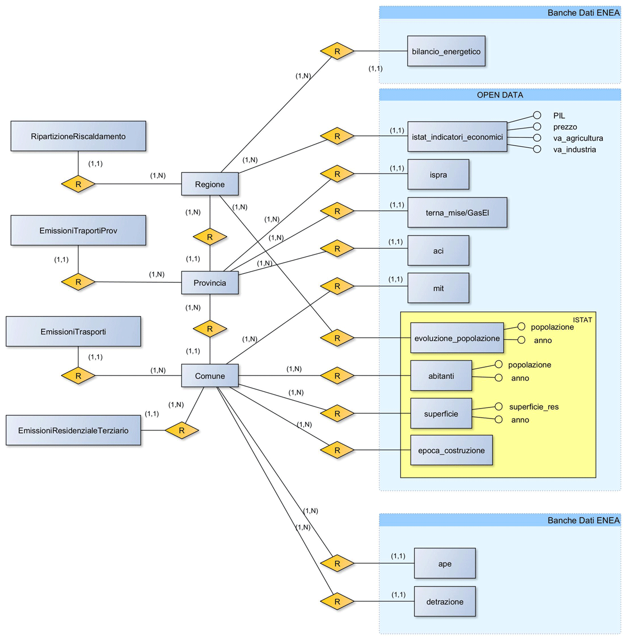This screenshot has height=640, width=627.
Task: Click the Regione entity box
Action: click(x=210, y=184)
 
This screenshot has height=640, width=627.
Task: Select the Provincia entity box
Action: click(x=210, y=283)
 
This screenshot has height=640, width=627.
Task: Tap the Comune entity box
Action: click(x=210, y=376)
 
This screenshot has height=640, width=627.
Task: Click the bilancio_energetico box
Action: click(x=446, y=51)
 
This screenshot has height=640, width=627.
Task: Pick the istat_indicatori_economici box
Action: click(x=457, y=137)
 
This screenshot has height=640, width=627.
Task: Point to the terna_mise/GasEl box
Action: click(x=457, y=213)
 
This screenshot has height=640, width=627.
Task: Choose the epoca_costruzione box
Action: click(x=451, y=450)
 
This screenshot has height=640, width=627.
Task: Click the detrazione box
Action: click(x=444, y=601)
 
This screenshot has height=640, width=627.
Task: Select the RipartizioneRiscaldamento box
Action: click(x=78, y=136)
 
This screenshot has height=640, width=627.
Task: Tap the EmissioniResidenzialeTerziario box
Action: click(x=73, y=430)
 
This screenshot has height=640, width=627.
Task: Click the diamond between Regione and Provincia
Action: click(x=210, y=237)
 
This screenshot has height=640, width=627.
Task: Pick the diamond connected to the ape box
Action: click(x=337, y=564)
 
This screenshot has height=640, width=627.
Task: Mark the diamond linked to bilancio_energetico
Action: click(x=337, y=51)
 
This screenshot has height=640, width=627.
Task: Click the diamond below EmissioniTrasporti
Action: click(x=78, y=376)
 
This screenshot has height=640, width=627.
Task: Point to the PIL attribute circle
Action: click(x=537, y=115)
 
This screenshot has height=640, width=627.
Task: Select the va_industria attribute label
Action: click(x=574, y=149)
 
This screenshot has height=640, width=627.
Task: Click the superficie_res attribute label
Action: click(x=533, y=406)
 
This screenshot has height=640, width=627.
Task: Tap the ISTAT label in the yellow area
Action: click(x=582, y=320)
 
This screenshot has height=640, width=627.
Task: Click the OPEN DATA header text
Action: click(x=500, y=95)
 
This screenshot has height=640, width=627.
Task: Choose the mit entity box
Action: click(x=438, y=288)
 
